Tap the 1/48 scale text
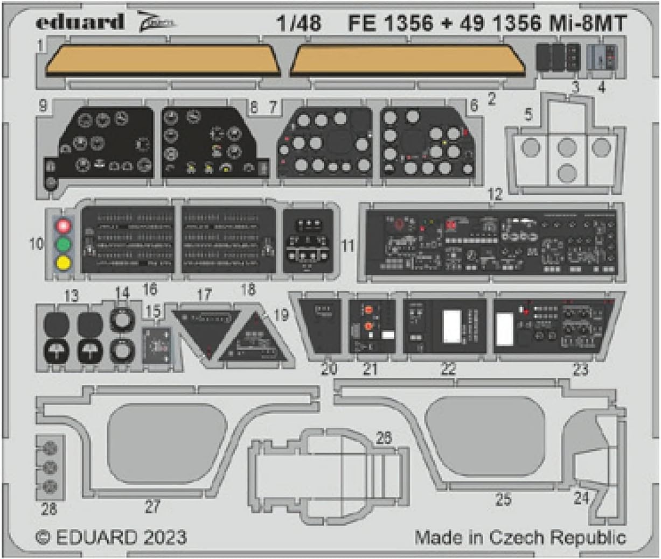click(300, 23)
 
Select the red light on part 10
click(64, 224)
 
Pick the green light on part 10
click(64, 244)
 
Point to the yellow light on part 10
click(64, 263)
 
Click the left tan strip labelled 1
click(162, 60)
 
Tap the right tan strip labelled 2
click(407, 60)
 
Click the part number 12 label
click(495, 194)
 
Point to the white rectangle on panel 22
click(453, 326)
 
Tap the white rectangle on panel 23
click(504, 328)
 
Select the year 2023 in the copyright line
click(165, 537)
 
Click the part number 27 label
click(152, 506)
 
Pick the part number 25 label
click(503, 499)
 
